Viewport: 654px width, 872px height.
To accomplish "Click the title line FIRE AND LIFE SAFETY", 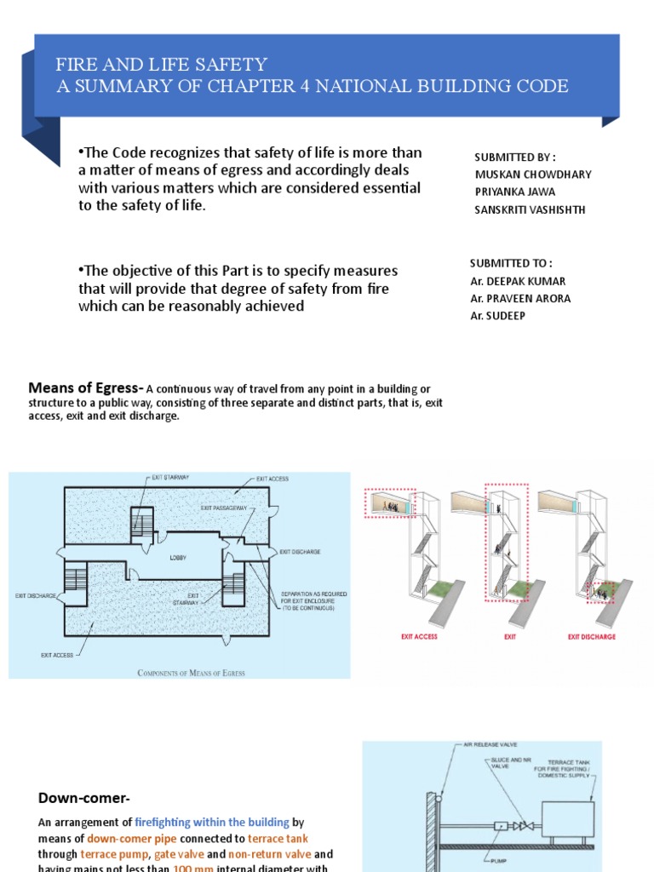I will pyautogui.click(x=162, y=65).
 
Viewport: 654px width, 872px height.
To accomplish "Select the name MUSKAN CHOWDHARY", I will pyautogui.click(x=532, y=175).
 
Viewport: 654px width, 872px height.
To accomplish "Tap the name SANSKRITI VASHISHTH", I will pyautogui.click(x=530, y=210).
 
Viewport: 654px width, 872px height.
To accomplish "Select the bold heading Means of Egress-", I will pyautogui.click(x=86, y=388).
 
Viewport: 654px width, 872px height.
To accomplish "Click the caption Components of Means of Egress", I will pyautogui.click(x=191, y=673).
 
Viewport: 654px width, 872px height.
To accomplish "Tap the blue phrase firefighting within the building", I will pyautogui.click(x=212, y=823).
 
